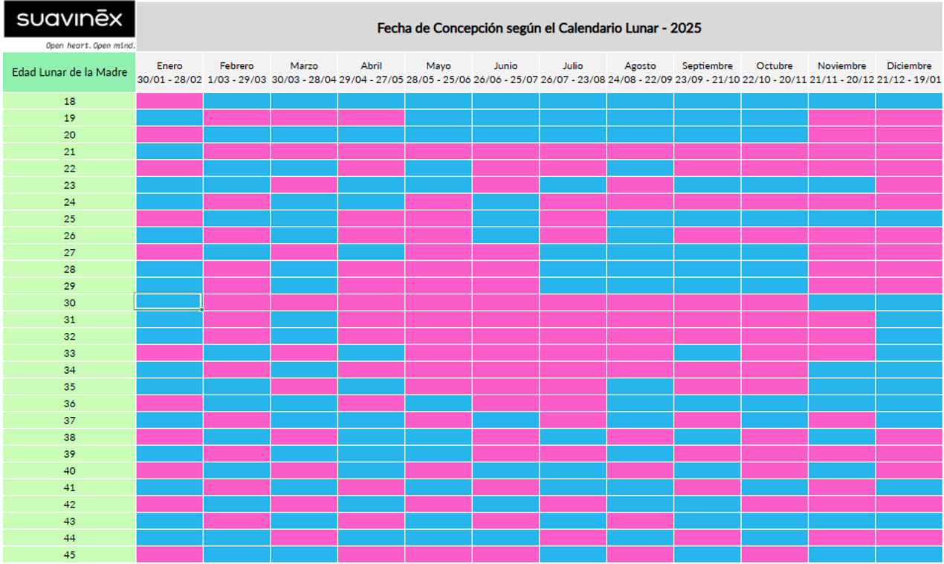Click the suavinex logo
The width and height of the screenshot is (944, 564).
[x=68, y=19]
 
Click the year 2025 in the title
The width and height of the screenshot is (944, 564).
[x=686, y=28]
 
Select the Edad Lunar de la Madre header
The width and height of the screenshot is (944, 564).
[x=69, y=72]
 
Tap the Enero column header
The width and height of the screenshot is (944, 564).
[x=169, y=66]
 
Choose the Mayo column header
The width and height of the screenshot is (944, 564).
[x=439, y=66]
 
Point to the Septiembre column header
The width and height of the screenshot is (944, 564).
[x=707, y=66]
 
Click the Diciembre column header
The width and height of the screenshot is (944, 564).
[x=908, y=66]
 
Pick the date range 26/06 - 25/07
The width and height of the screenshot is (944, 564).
[x=505, y=80]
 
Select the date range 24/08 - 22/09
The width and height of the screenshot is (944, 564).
[x=640, y=80]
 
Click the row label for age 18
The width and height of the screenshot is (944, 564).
[x=69, y=101]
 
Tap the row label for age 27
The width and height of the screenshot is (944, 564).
[x=69, y=252]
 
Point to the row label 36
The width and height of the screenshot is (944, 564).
[x=69, y=403]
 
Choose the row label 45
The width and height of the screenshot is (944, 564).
[x=69, y=554]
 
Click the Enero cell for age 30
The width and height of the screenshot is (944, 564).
[x=169, y=302]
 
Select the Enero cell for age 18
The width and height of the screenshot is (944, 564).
[x=169, y=101]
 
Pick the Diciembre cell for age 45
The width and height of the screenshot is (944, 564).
[x=908, y=554]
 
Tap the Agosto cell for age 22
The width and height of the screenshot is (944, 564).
[x=640, y=168]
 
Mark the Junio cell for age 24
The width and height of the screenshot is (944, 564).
[x=505, y=201]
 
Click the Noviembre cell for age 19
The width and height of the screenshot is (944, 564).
[x=841, y=117]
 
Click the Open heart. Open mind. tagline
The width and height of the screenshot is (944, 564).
[x=90, y=45]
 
